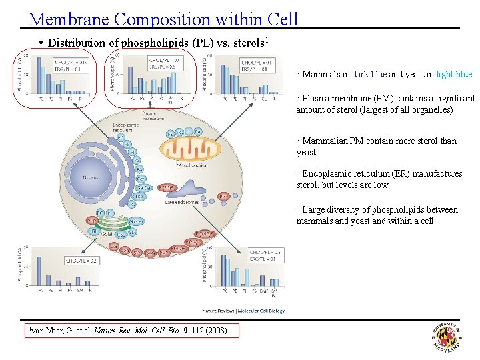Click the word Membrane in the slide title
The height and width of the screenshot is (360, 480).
tap(61, 19)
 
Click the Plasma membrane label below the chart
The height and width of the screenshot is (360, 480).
tap(153, 115)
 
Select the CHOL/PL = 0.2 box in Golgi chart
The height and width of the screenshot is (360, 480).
tap(81, 261)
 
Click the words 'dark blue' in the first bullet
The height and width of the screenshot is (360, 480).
tap(369, 75)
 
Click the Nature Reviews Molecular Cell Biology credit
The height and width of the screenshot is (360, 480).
tap(243, 311)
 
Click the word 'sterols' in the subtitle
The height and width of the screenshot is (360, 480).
tap(247, 43)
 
